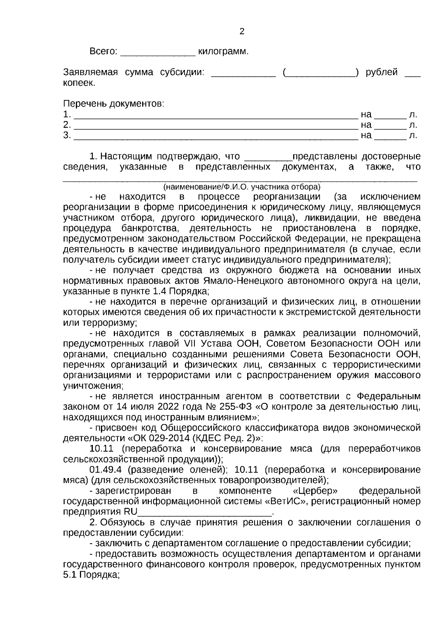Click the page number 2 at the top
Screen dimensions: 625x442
click(x=242, y=32)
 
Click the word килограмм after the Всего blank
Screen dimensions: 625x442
click(x=223, y=52)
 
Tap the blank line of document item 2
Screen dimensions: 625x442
click(x=216, y=126)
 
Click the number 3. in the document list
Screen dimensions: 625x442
click(x=67, y=136)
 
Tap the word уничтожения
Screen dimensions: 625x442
click(x=93, y=386)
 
